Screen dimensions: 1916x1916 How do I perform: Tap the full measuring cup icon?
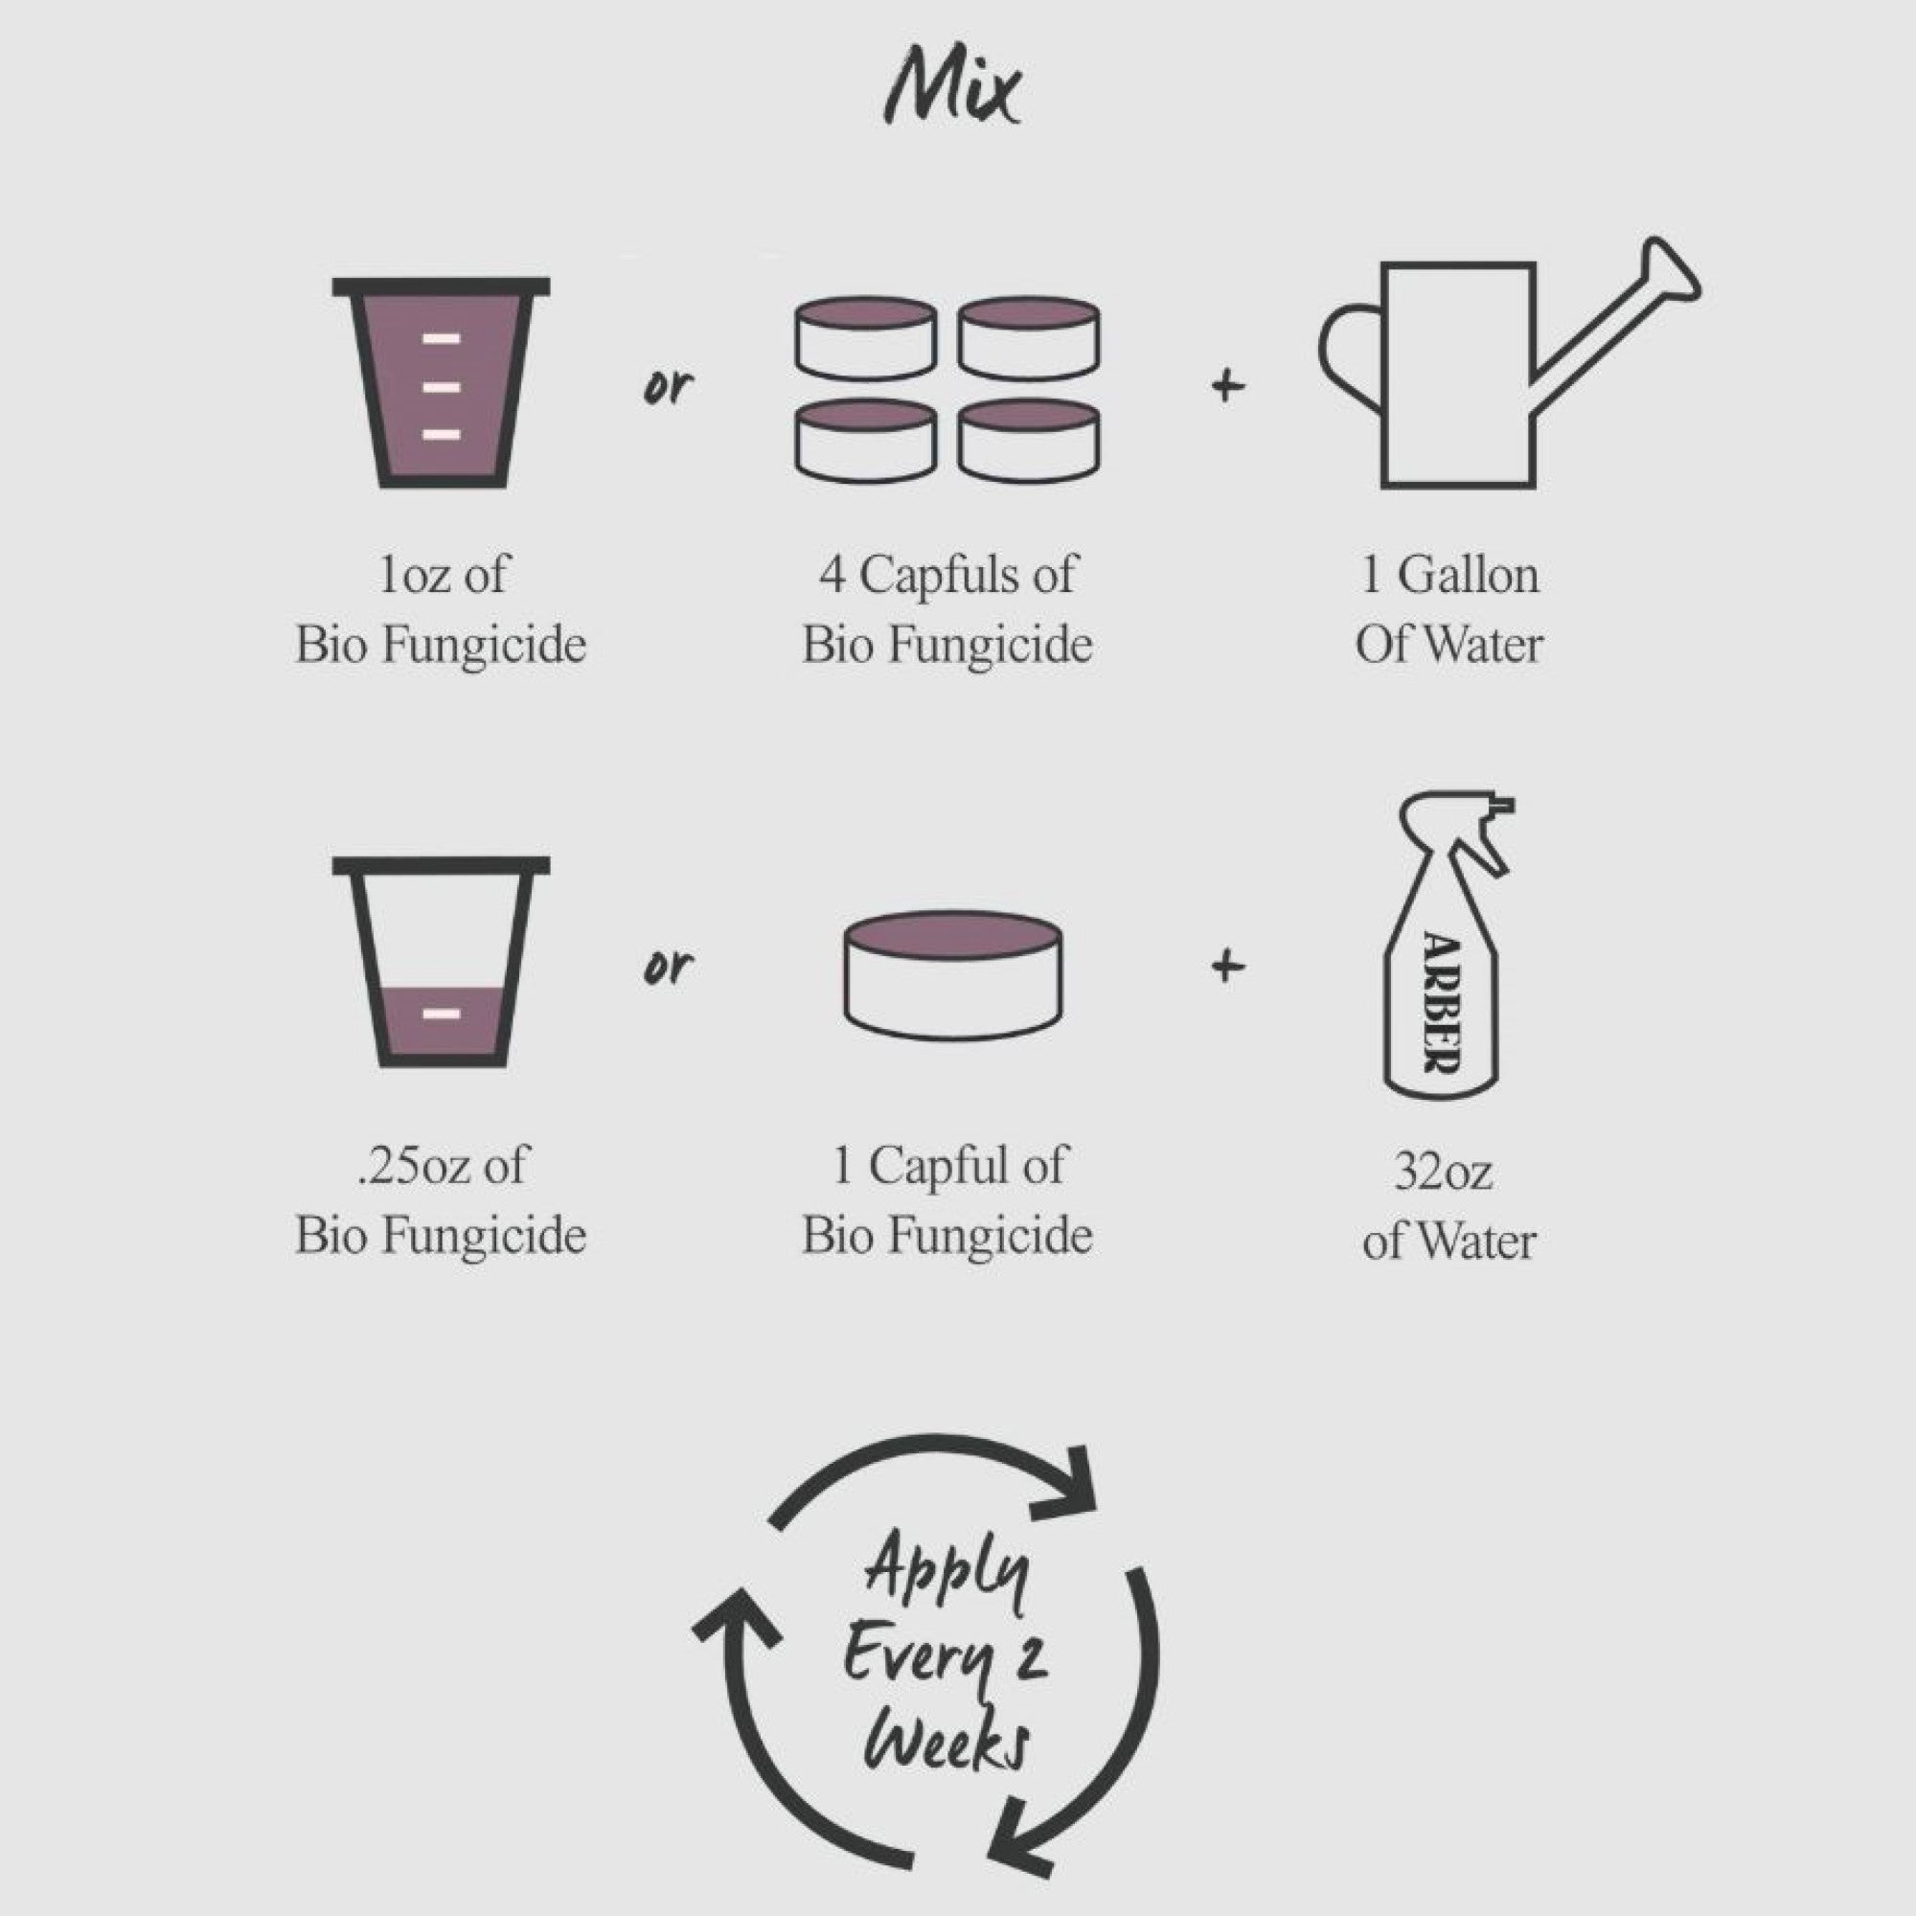[442, 383]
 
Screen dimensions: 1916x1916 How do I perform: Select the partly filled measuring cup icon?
[442, 961]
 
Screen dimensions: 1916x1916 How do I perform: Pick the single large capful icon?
[953, 975]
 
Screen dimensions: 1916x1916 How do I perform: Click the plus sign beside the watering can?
[1228, 385]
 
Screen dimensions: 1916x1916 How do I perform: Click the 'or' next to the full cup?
[668, 388]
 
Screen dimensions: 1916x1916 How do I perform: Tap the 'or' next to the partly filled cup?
[668, 967]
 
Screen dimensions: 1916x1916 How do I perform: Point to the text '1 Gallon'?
[1448, 575]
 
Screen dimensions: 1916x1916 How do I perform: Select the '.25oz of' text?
[442, 1165]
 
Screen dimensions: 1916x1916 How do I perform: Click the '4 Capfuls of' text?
[947, 575]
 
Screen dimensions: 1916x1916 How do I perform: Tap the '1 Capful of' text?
[949, 1165]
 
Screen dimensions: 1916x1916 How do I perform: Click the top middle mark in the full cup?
[442, 339]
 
